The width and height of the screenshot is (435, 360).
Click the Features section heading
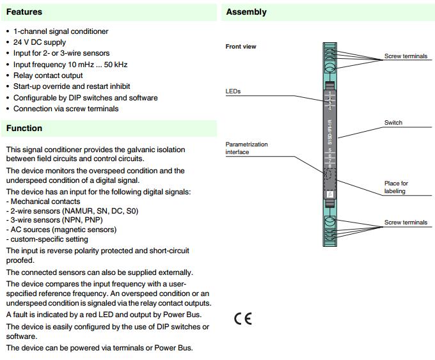[x=24, y=12]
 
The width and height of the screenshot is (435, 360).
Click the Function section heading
[x=24, y=128]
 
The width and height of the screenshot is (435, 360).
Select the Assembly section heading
[x=246, y=12]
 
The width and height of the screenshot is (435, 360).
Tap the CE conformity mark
[x=243, y=318]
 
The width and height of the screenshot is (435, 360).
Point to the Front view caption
[x=241, y=47]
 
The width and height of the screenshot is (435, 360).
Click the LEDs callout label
[x=233, y=91]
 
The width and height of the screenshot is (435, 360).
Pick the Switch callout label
[x=393, y=123]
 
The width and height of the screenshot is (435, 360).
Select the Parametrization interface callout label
[x=247, y=148]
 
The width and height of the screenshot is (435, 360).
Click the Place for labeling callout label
[x=396, y=187]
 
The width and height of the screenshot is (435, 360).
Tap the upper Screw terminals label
[x=406, y=56]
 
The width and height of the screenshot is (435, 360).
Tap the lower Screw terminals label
[x=406, y=223]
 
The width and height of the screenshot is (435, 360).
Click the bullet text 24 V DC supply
[x=40, y=42]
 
